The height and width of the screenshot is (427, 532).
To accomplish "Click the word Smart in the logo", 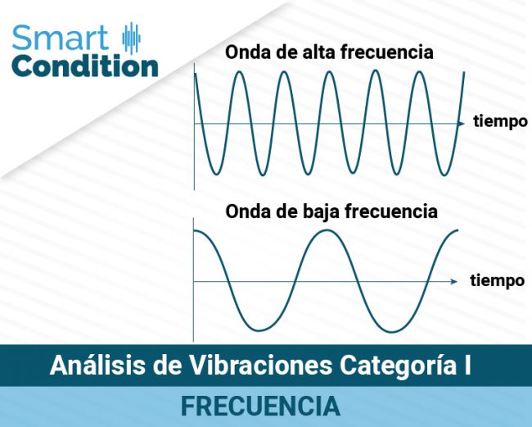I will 61,38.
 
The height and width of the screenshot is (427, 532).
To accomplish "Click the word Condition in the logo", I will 85,66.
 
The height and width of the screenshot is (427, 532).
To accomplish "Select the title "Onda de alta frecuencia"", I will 329,52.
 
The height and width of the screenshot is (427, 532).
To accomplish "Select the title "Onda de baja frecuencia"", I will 331,211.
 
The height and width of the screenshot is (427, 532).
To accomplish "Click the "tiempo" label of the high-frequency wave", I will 500,122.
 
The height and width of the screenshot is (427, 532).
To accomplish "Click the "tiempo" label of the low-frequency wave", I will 498,280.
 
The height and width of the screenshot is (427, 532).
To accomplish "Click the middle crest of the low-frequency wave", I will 326,231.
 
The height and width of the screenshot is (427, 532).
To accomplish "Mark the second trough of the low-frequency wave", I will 393,331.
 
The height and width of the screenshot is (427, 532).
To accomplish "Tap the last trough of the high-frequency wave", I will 443,174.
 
